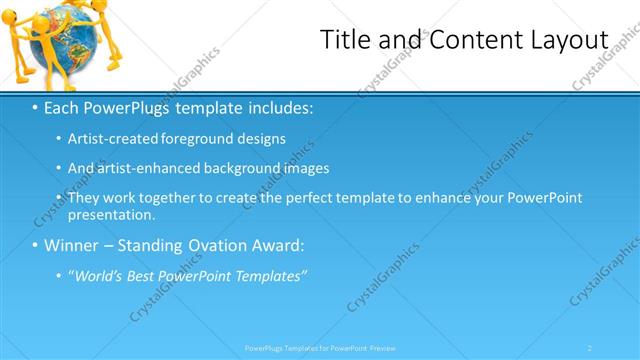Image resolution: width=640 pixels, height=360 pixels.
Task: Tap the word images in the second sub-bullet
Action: point(303,168)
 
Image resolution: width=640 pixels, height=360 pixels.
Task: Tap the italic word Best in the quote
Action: point(148,276)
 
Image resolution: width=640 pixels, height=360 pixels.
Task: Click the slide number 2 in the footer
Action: point(590,348)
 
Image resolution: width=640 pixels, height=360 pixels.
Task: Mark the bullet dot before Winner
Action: point(35,245)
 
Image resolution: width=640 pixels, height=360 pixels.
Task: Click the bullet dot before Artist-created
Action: point(57,139)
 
